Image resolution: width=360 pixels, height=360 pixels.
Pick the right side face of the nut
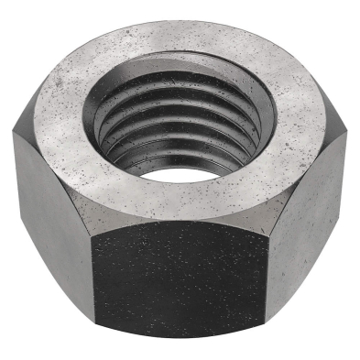click(311, 220)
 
